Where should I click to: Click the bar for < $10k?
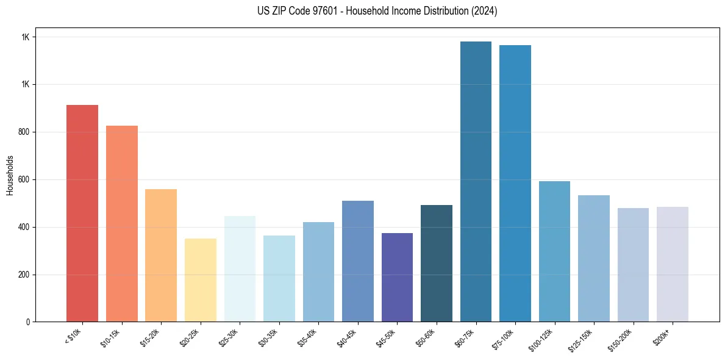point(82,213)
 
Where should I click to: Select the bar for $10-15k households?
point(121,223)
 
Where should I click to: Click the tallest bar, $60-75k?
point(476,181)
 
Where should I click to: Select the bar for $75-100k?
point(515,183)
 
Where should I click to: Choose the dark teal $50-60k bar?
point(437,263)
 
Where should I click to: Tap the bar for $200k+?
point(673,264)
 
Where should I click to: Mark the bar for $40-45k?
point(358,261)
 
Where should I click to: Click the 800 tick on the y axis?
point(24,132)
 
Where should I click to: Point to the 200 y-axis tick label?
point(24,275)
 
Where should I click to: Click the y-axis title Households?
point(10,175)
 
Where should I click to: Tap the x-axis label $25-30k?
point(229,338)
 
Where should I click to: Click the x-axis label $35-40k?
point(308,338)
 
